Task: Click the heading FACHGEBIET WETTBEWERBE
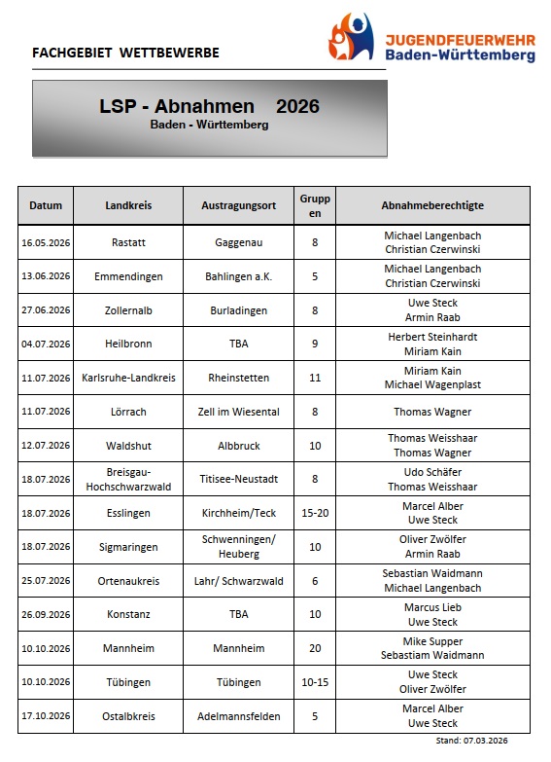tap(125, 53)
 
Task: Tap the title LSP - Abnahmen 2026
tap(209, 106)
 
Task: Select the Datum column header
tap(46, 205)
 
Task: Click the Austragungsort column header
tap(239, 205)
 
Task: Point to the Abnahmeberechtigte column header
tap(432, 205)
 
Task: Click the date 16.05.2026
tap(46, 242)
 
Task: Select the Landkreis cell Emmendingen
tap(129, 276)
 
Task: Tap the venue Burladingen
tap(239, 310)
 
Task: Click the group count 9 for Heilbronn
tap(315, 344)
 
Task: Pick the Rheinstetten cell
tap(239, 378)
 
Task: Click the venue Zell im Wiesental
tap(239, 412)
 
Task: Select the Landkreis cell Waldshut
tap(129, 445)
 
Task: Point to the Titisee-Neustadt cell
tap(239, 479)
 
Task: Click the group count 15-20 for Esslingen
tap(315, 513)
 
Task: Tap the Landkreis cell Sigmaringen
tap(129, 547)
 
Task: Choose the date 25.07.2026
tap(46, 581)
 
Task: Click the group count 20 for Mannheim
tap(315, 648)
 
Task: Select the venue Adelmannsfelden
tap(239, 716)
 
